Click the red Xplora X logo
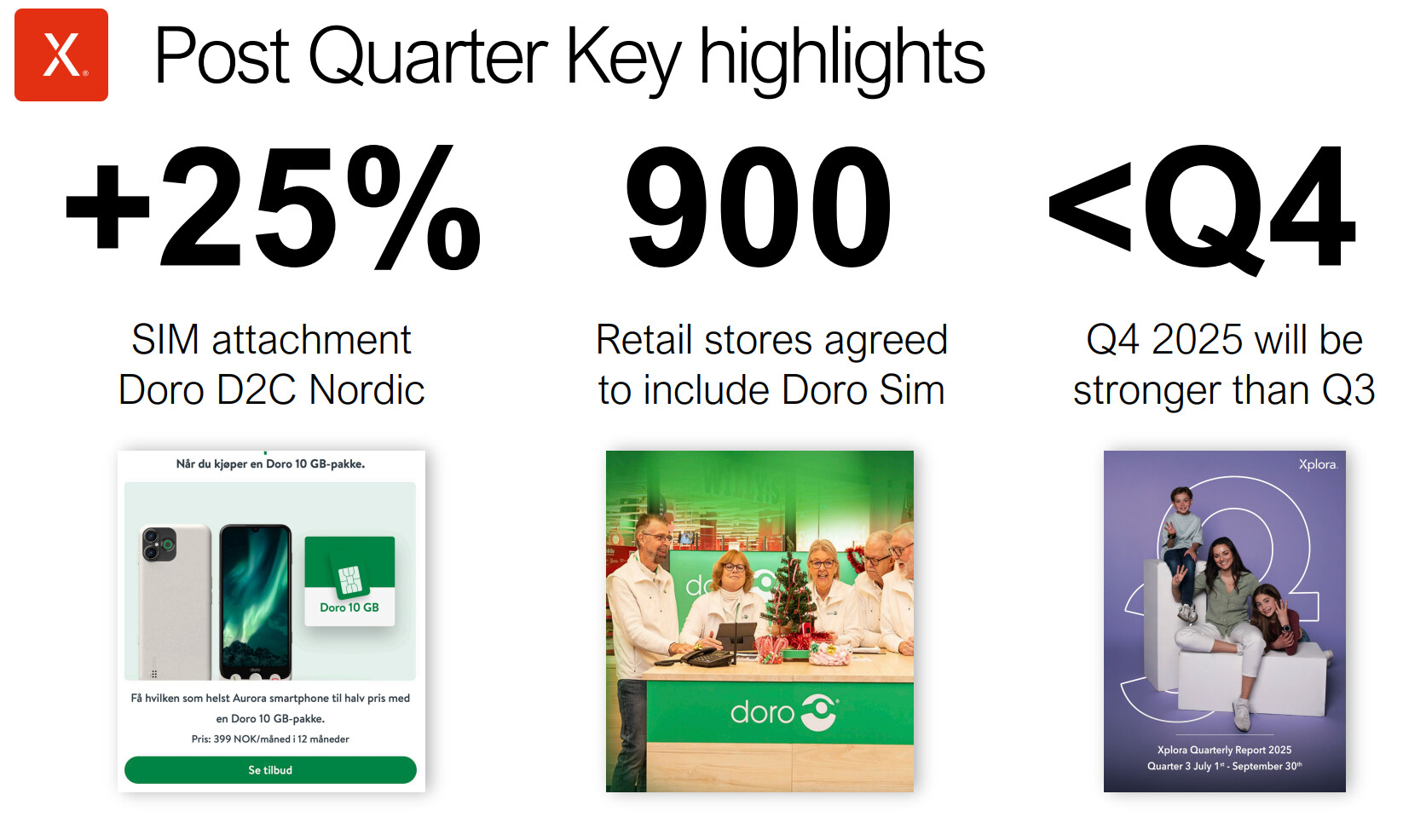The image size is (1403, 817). point(61,55)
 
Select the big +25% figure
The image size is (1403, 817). point(273,206)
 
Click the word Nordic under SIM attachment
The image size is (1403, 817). point(367,390)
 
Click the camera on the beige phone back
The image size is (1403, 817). point(159,544)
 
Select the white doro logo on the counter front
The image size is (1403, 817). point(784,712)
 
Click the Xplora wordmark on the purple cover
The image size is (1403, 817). point(1318,464)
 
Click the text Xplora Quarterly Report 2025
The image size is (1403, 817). point(1224,750)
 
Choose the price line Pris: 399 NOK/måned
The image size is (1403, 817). point(270,739)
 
